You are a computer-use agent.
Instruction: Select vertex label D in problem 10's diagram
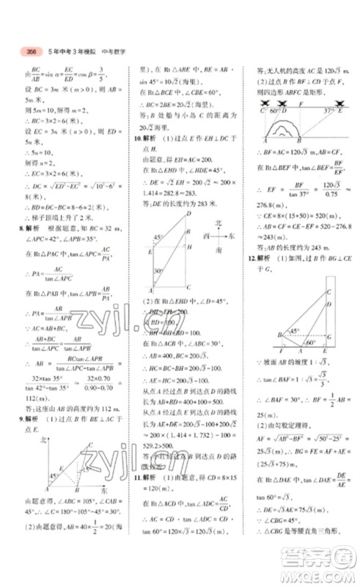[188, 214]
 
